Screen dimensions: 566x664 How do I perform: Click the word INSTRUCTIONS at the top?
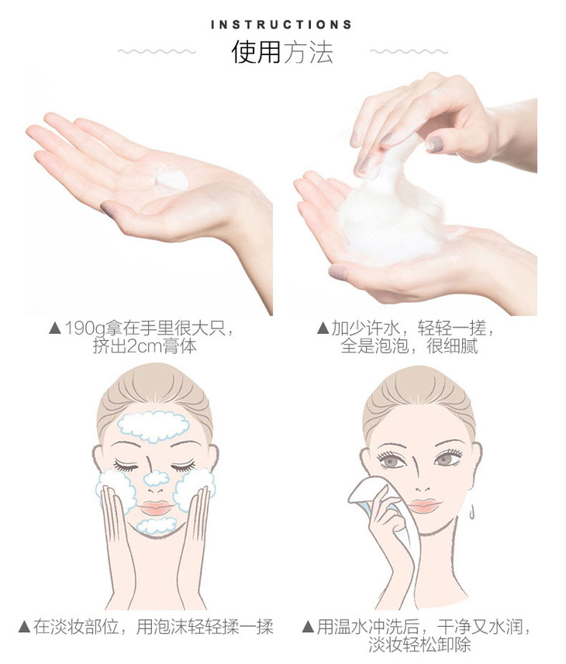click(x=281, y=25)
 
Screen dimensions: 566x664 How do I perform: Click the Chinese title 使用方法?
click(x=282, y=52)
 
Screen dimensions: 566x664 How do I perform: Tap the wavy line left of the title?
click(x=157, y=52)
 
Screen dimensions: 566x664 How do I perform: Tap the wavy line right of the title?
click(x=409, y=52)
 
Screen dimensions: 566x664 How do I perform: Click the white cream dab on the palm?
click(x=171, y=181)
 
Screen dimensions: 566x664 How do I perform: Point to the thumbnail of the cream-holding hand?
click(x=108, y=210)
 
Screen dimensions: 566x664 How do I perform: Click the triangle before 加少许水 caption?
click(x=323, y=329)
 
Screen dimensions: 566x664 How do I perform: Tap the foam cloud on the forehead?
click(x=153, y=426)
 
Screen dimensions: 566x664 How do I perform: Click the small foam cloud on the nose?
click(x=157, y=478)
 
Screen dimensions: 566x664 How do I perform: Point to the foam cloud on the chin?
click(x=157, y=525)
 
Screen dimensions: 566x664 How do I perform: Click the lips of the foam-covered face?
click(x=156, y=507)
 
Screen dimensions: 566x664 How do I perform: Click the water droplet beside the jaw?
click(x=472, y=511)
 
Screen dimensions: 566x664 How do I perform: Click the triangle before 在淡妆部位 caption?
click(x=25, y=627)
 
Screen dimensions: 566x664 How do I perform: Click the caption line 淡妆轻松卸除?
click(x=419, y=645)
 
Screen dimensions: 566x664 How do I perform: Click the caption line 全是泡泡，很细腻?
click(x=409, y=346)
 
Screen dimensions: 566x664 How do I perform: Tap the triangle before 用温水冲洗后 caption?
click(x=308, y=627)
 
